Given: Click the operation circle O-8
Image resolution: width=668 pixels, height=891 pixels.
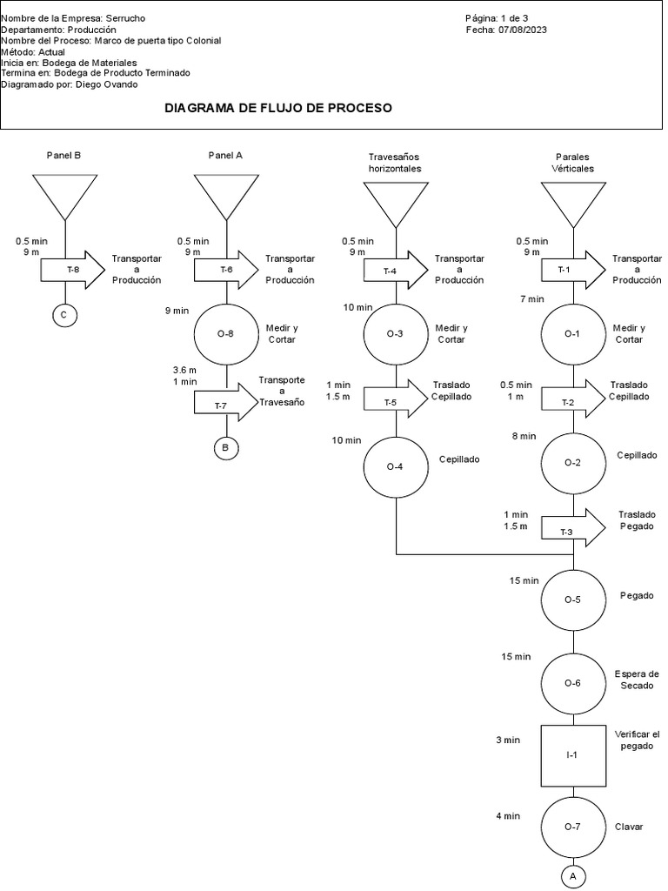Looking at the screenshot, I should pos(226,333).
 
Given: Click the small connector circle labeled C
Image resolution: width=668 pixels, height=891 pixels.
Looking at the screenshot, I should pos(63,315).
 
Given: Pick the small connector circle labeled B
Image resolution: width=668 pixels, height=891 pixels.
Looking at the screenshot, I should pos(226,448).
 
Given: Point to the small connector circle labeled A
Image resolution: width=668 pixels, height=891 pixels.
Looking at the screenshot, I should pos(572,876).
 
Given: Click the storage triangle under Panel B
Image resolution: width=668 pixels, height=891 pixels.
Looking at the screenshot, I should pos(65,191).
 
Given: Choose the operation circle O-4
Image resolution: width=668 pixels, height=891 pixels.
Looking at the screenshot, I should pos(396,466).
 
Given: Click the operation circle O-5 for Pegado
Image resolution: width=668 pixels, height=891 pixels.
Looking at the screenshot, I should pos(572,600).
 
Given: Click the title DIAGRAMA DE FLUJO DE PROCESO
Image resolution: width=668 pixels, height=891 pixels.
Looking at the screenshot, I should pos(278,109).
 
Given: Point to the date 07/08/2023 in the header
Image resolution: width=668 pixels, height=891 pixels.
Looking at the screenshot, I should pos(523,30).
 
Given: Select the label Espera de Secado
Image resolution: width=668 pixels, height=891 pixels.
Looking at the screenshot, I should pos(637,679).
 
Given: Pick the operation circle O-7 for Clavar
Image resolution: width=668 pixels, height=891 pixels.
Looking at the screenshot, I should pos(572,827).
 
